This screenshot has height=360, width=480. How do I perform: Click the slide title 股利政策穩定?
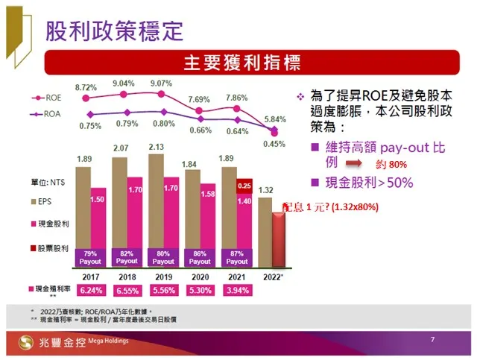[x=114, y=31]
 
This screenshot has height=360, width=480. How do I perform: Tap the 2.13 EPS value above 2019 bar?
[x=157, y=147]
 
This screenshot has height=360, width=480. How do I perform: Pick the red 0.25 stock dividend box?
[x=244, y=186]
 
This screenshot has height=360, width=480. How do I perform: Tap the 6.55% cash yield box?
[x=127, y=290]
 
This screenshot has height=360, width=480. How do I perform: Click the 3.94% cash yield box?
[x=237, y=290]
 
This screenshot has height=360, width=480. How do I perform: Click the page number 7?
[x=432, y=340]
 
